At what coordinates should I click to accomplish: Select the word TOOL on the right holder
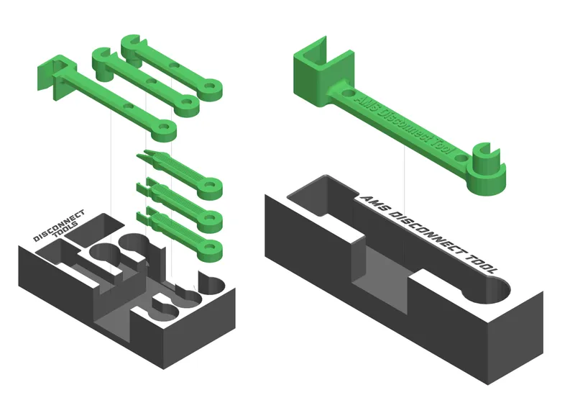point(480,264)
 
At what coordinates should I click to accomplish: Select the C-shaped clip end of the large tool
point(487,169)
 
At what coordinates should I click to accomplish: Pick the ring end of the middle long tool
point(188,105)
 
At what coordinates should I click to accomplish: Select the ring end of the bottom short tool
point(210,248)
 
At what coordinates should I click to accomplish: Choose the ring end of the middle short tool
point(211,218)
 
